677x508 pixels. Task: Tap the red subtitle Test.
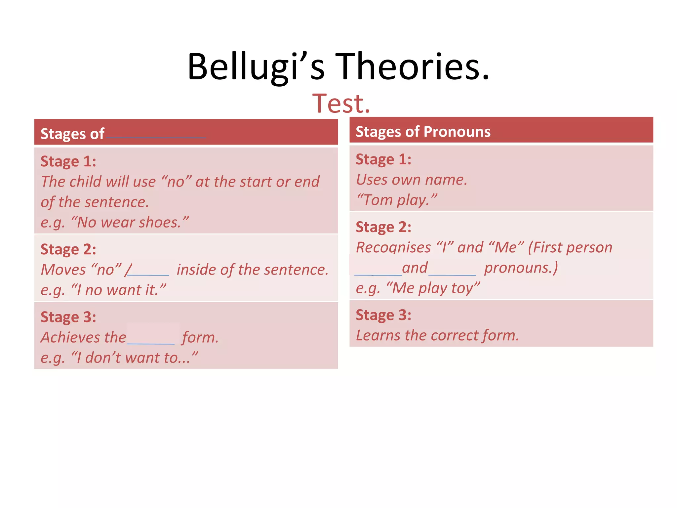click(341, 104)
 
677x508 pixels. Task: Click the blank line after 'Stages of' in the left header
click(156, 136)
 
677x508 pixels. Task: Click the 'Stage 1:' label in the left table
click(68, 162)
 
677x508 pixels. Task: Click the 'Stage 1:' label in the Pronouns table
click(383, 160)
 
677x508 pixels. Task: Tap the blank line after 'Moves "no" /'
click(148, 274)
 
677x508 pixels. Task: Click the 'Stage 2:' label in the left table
click(68, 250)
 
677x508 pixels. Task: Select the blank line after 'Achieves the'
click(151, 343)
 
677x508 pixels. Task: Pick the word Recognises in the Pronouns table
click(393, 248)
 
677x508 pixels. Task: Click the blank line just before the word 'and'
click(378, 274)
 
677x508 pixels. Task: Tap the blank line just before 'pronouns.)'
click(452, 274)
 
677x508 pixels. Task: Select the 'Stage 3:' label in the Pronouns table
click(383, 315)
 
